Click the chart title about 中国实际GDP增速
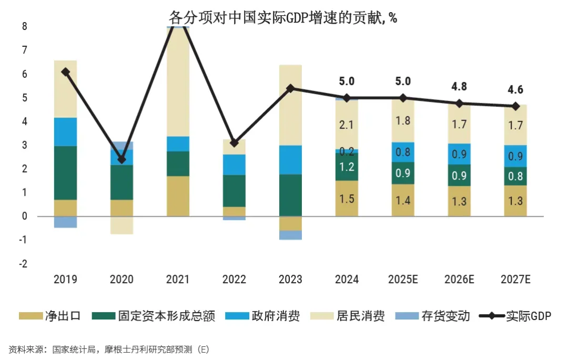point(283,17)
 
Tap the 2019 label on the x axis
point(65,279)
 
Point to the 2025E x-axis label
point(403,279)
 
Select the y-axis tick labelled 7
point(25,50)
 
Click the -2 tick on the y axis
point(23,264)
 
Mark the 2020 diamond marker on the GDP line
point(121,159)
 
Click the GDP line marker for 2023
point(290,88)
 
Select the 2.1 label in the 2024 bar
point(347,125)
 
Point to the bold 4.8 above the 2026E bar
point(459,87)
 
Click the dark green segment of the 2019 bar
point(65,173)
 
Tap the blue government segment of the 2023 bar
point(290,159)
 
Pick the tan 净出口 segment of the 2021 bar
point(178,196)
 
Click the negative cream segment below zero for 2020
point(121,225)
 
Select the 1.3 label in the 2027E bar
point(515,201)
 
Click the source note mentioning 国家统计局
point(108,349)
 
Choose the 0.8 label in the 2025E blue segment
point(403,152)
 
